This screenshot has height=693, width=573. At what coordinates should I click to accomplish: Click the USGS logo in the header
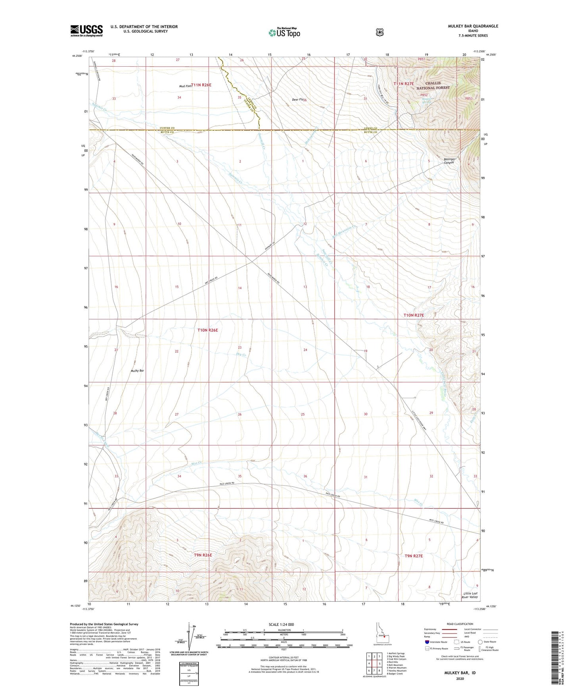[86, 31]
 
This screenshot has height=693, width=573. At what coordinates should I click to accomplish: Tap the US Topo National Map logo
[284, 33]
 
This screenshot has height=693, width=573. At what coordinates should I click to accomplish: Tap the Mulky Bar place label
[137, 371]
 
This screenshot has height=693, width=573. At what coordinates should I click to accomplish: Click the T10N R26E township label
[208, 330]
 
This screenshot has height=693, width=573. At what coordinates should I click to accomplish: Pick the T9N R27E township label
[414, 556]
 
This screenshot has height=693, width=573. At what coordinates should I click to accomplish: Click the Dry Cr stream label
[241, 354]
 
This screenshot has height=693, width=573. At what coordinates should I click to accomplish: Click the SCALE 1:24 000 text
[281, 624]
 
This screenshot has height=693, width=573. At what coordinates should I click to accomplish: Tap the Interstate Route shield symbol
[427, 642]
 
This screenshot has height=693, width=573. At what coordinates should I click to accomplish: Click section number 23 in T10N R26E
[240, 348]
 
